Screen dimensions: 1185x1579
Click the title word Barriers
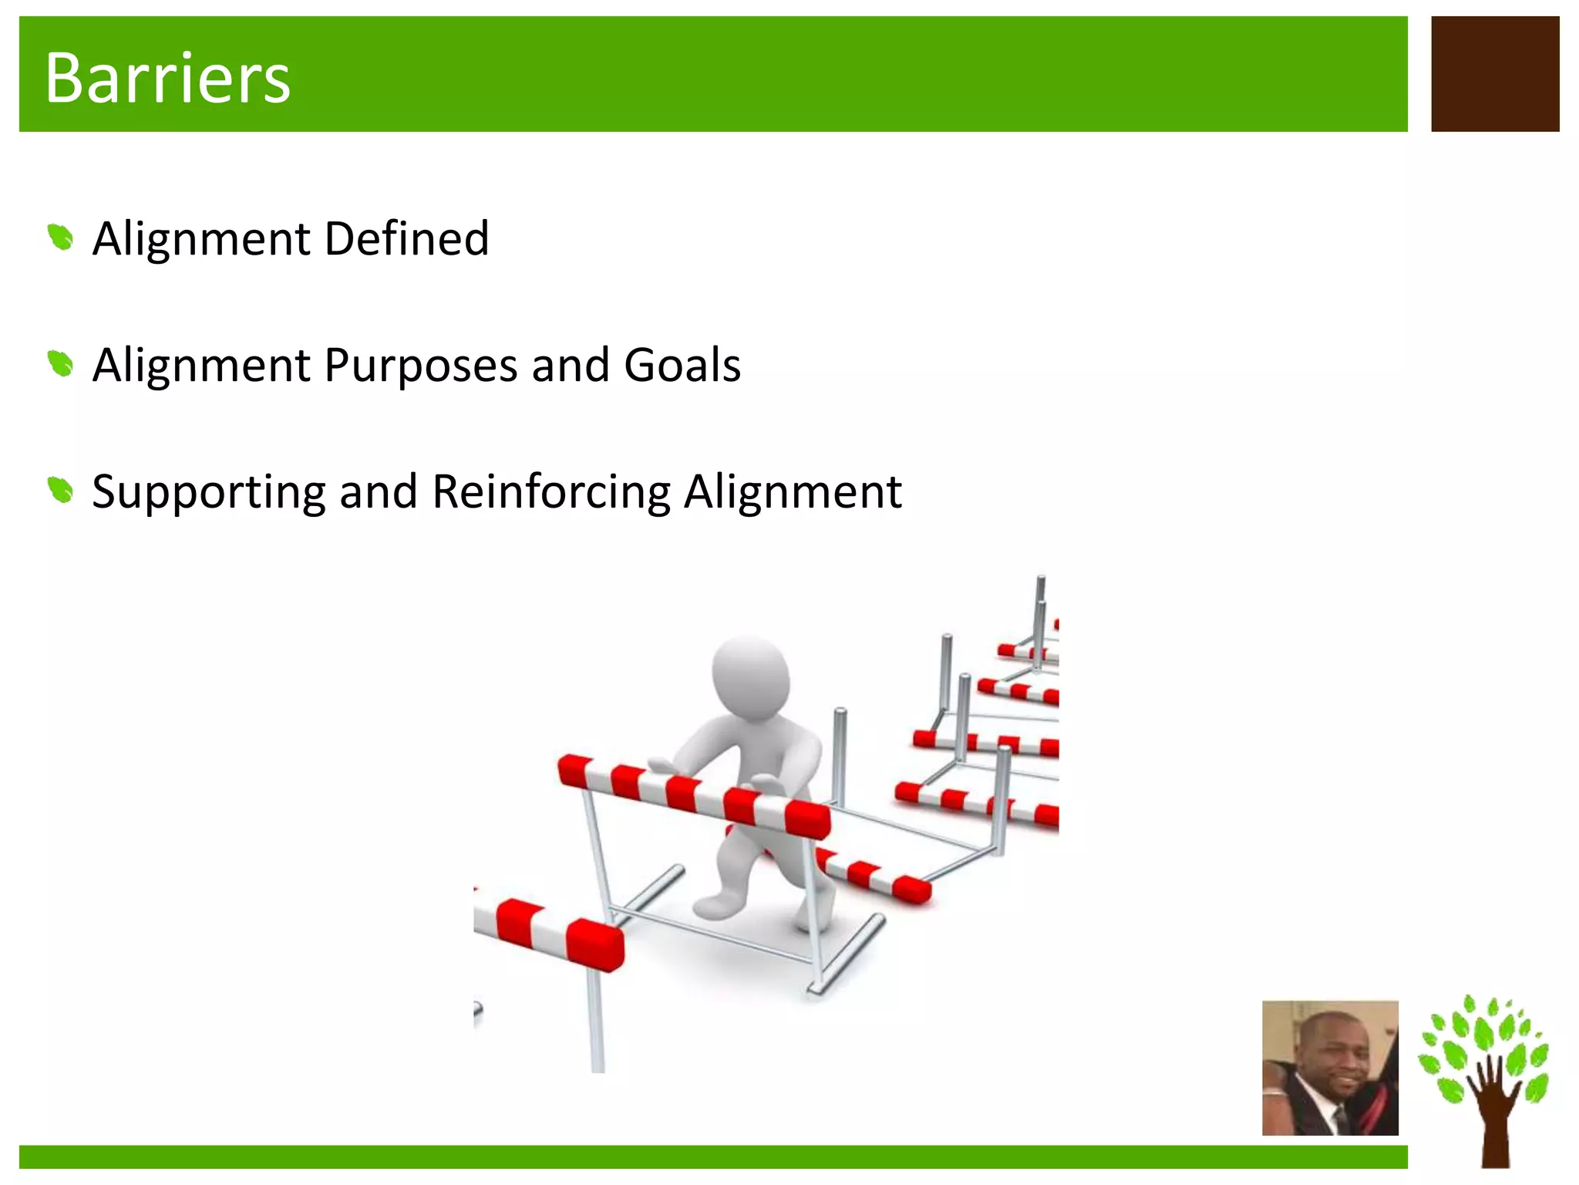click(x=167, y=78)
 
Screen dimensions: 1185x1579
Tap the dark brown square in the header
click(x=1494, y=74)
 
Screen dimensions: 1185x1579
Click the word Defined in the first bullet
click(x=406, y=238)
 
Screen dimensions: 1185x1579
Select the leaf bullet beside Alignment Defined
click(x=60, y=237)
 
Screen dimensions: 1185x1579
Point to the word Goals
click(x=682, y=365)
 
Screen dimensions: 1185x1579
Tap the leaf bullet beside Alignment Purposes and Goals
click(x=60, y=363)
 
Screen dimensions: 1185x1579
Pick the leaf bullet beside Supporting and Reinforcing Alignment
click(x=60, y=490)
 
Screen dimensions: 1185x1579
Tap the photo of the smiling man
click(x=1329, y=1068)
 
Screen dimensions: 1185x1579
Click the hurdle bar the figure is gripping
click(x=694, y=795)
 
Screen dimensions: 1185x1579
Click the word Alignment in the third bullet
click(x=793, y=491)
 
